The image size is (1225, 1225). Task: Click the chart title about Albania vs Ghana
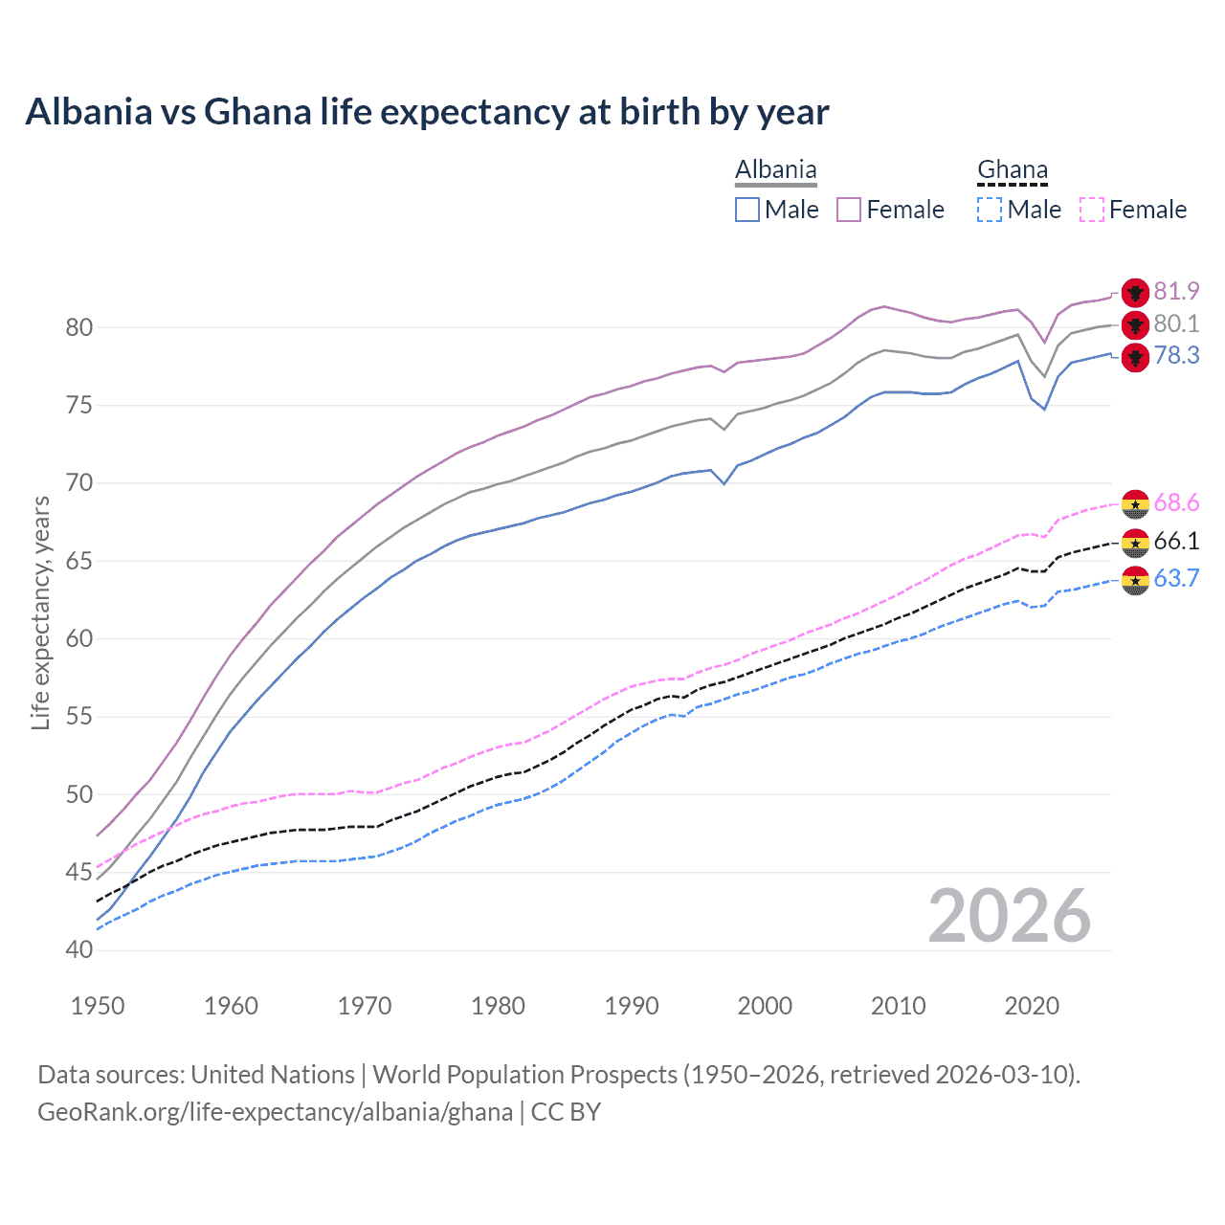tap(427, 112)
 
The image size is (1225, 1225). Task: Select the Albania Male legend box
tap(747, 210)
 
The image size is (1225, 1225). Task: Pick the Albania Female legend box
tap(850, 210)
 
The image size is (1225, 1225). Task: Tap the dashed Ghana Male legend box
tap(990, 210)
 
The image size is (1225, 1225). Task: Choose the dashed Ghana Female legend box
tap(1092, 210)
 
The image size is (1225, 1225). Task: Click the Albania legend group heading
tap(775, 170)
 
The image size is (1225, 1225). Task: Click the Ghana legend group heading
tap(1013, 170)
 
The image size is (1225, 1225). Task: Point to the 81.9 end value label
tap(1176, 291)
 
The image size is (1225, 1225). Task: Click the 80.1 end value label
tap(1176, 323)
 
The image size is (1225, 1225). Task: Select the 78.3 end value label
tap(1176, 356)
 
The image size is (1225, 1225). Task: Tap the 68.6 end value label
tap(1176, 503)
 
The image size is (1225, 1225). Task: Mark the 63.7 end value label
tap(1176, 578)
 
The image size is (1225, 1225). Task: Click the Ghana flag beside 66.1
tap(1135, 543)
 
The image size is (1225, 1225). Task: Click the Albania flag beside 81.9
tap(1135, 293)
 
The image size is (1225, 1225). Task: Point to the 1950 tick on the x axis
tap(98, 1006)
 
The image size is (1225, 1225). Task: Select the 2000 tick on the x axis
tap(765, 1006)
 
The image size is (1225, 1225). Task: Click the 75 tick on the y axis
tap(79, 406)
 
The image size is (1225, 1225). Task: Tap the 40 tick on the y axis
tap(79, 950)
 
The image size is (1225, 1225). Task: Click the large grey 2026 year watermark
tap(1010, 916)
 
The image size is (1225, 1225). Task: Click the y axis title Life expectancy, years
tap(41, 612)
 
